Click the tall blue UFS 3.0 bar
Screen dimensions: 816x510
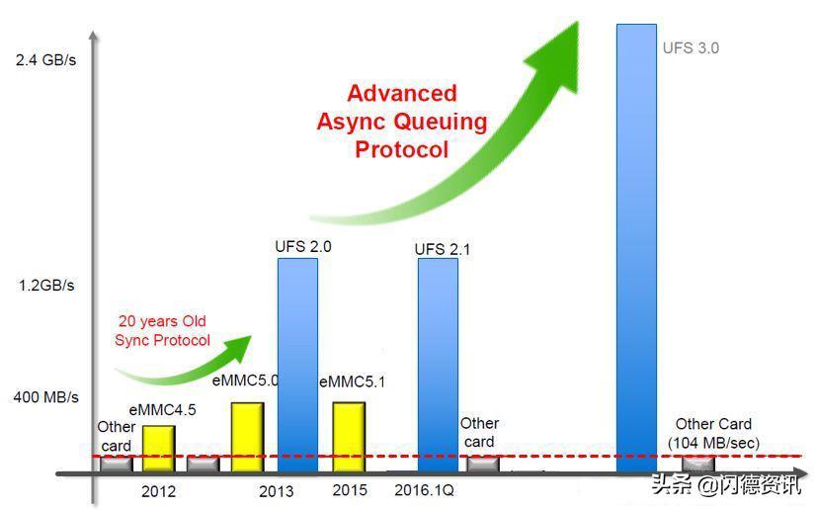click(x=636, y=248)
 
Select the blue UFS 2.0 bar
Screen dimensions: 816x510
click(x=297, y=366)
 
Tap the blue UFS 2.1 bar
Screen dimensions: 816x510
click(x=439, y=366)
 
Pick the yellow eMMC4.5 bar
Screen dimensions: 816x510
click(x=159, y=449)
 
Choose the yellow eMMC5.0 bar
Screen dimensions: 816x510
click(x=248, y=437)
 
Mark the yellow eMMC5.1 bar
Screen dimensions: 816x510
click(x=349, y=437)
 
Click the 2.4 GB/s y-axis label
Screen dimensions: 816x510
click(x=45, y=60)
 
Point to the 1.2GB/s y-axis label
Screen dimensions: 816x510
click(x=46, y=286)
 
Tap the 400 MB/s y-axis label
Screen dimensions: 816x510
click(x=46, y=397)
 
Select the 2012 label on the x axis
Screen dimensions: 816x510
click(x=159, y=491)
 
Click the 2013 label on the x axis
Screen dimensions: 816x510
click(x=277, y=491)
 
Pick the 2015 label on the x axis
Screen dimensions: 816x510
click(x=350, y=490)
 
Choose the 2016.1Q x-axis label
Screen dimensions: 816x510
click(x=424, y=490)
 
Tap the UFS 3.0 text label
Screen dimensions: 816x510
click(x=691, y=47)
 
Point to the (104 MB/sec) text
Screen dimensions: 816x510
click(x=713, y=444)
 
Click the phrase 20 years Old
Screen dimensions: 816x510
click(x=162, y=321)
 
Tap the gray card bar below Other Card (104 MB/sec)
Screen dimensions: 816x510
click(x=698, y=464)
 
